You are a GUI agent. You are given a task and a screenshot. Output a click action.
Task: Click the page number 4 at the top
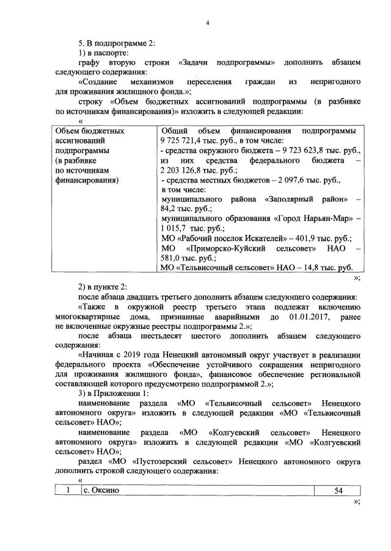[x=207, y=24]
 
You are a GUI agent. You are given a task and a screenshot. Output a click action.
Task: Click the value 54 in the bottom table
[x=338, y=491]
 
